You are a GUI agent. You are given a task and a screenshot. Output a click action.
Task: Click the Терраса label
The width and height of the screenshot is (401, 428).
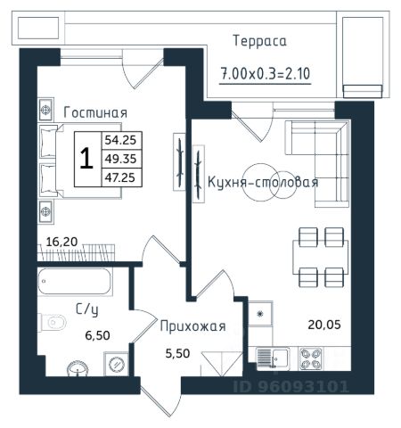pos(260,41)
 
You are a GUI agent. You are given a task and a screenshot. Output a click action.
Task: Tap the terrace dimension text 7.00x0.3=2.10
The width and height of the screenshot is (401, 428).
pos(266,74)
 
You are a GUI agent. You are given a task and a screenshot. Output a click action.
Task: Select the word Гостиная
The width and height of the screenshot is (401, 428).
pos(95,112)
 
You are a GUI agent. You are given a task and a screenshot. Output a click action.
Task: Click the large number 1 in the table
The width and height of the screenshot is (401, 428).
pos(86,159)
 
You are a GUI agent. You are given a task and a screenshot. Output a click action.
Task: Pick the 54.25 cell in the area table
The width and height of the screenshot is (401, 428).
pos(120,140)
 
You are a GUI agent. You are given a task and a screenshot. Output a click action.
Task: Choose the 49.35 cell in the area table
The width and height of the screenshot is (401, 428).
pos(120,159)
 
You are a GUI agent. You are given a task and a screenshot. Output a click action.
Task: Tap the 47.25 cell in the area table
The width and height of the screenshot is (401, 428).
pos(120,177)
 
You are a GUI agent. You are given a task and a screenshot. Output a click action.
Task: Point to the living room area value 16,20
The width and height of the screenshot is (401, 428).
pos(61,242)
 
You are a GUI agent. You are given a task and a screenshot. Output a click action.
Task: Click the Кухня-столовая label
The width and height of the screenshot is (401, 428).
pos(263,182)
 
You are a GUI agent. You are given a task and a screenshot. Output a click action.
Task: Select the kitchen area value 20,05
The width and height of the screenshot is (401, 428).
pos(324,325)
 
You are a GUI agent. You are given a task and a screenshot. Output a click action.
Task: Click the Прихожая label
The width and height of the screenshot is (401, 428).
pos(193,326)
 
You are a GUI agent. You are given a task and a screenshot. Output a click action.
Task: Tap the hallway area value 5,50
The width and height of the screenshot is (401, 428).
pos(177,353)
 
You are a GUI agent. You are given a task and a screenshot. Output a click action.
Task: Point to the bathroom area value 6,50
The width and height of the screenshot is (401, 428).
pos(97,335)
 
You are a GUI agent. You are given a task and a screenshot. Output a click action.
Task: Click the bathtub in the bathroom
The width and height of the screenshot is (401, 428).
pos(75,282)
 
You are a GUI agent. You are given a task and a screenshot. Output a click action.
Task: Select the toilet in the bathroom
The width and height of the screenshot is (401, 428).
pos(53,323)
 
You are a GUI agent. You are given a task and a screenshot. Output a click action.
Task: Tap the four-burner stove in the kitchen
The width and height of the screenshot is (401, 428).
pos(311,358)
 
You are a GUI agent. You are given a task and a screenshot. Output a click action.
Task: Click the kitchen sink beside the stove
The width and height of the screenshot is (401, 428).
pos(273,359)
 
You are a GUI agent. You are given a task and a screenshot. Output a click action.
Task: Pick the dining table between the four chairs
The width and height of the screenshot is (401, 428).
pos(320,257)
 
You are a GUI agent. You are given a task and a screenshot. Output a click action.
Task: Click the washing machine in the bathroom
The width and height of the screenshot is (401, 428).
pos(116,364)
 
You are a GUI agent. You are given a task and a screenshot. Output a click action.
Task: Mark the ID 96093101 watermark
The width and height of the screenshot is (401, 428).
pos(291,387)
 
